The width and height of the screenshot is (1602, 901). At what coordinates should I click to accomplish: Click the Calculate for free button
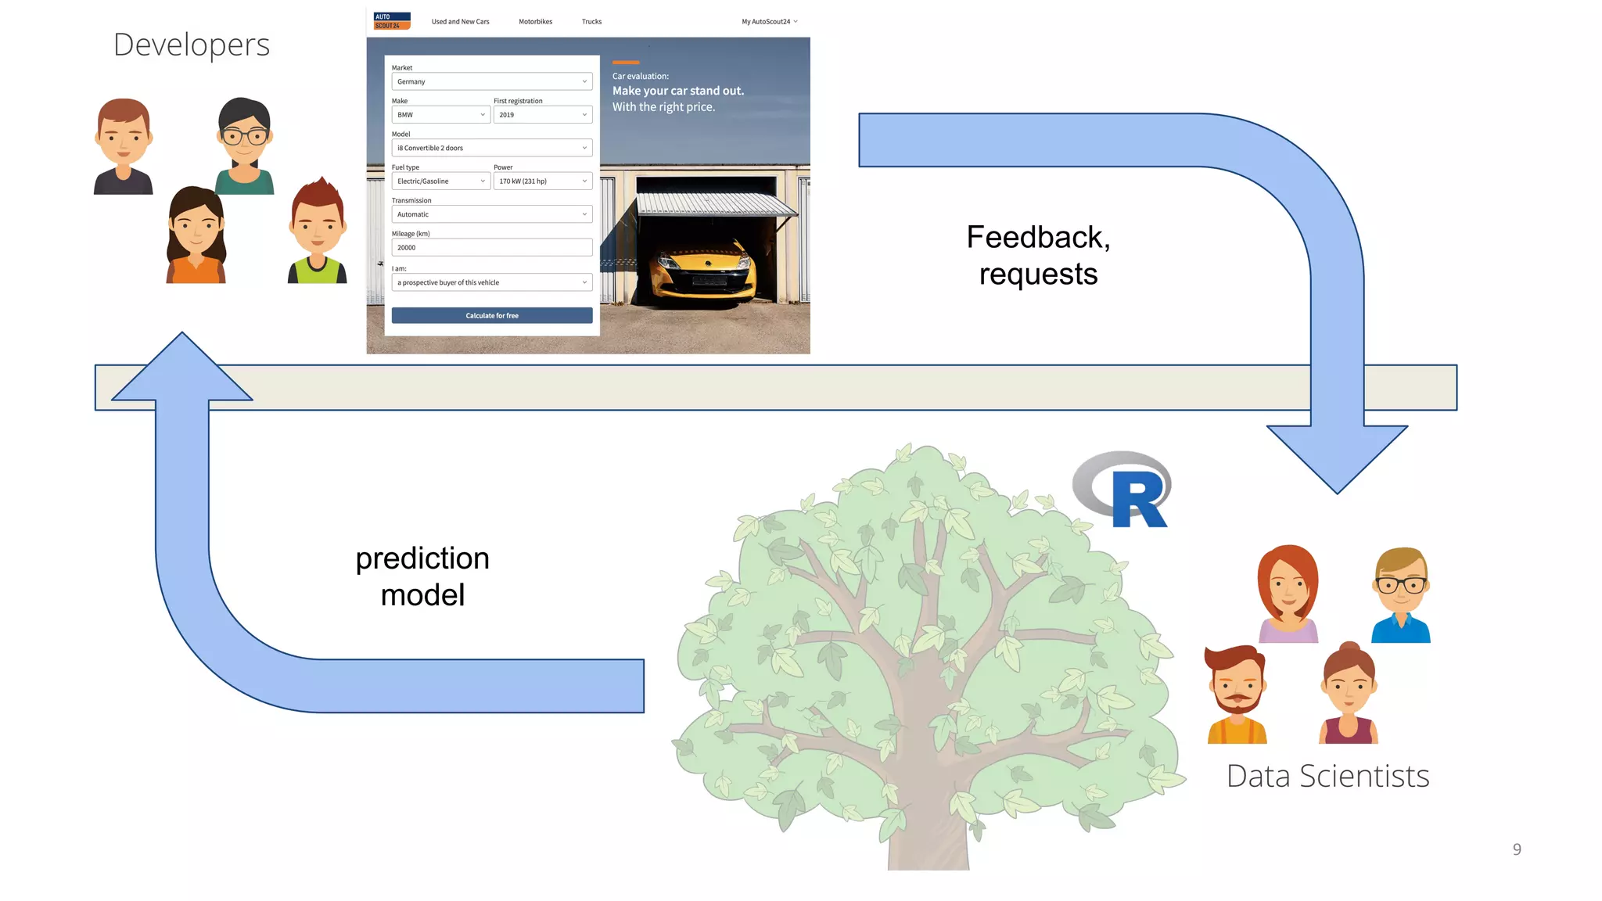pos(491,315)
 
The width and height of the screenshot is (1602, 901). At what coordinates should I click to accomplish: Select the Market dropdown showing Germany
pos(491,81)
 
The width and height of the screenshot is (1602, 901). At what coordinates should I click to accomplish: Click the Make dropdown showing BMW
pos(440,115)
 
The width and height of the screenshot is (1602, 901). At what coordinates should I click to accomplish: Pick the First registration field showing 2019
pos(542,115)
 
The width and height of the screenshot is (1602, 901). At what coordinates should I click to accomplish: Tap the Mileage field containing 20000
pos(491,247)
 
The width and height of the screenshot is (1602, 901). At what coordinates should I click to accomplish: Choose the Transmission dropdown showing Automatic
pos(491,214)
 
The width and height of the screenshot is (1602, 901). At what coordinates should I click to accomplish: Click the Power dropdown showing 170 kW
pos(542,181)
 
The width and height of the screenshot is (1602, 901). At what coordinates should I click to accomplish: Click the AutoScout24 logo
pos(392,21)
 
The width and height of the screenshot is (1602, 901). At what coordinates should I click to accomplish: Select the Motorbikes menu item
pos(535,22)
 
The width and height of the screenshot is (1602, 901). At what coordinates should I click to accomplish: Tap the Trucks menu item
pos(591,22)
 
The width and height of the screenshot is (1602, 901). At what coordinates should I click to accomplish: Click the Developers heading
pos(192,45)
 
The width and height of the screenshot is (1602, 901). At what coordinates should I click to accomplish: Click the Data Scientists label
pos(1327,776)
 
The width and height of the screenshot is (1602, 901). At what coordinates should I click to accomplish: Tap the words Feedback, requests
pos(1038,256)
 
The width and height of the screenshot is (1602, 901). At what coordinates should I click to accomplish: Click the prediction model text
pos(422,576)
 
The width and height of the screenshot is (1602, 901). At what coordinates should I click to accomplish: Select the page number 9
pos(1516,849)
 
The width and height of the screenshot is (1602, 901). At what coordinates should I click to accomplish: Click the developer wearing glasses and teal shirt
pos(244,146)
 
